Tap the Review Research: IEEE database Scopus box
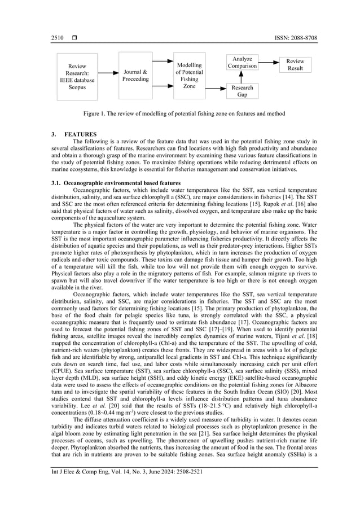[77, 77]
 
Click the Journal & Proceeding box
[135, 76]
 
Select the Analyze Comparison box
[242, 63]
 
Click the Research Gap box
[242, 91]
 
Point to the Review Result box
[295, 64]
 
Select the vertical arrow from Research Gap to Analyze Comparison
[242, 77]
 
